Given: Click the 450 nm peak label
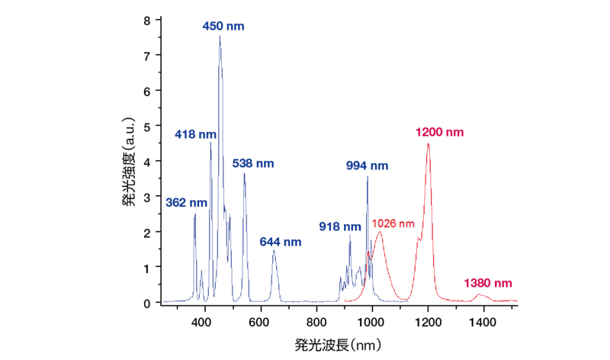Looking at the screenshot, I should [223, 26].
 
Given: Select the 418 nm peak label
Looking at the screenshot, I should [195, 134].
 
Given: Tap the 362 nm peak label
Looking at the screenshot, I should [186, 203].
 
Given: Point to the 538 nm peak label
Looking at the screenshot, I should [253, 163].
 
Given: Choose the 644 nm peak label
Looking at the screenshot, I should [281, 242].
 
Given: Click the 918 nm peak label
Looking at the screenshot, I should [340, 227].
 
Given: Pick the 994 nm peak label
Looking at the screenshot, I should [367, 166].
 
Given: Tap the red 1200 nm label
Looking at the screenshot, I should [439, 132].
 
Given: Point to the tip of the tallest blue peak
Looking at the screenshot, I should [220, 36].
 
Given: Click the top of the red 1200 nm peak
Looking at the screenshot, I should [428, 144].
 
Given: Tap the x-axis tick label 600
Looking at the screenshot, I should [261, 322].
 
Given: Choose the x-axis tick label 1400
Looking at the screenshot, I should [483, 322].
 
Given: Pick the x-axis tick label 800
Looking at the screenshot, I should [316, 322].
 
